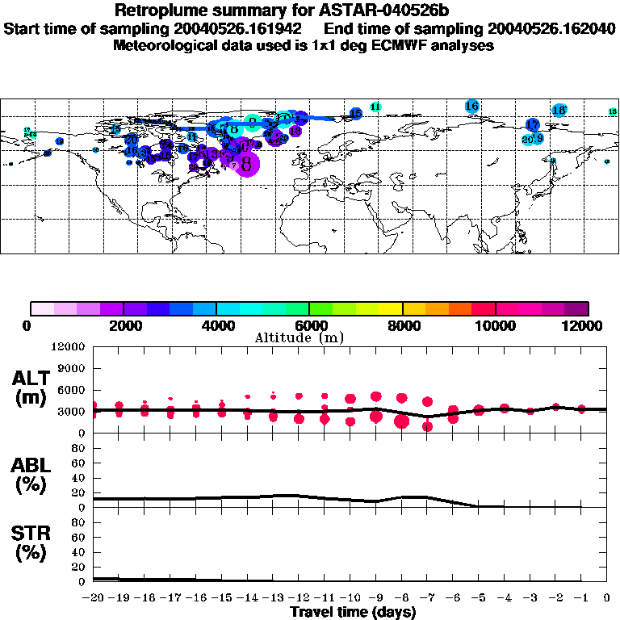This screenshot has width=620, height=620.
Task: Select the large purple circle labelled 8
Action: [x=247, y=164]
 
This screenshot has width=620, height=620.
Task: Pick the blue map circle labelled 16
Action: [x=472, y=106]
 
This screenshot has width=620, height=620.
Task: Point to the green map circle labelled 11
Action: [x=375, y=107]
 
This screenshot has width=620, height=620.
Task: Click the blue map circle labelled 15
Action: [x=356, y=114]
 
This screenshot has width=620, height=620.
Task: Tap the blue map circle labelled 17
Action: [x=533, y=125]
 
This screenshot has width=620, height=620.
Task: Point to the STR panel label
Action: [x=31, y=542]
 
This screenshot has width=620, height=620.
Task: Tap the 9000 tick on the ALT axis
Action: [x=71, y=368]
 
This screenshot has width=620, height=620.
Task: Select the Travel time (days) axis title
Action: [x=353, y=612]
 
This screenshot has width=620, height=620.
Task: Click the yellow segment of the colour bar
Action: [x=391, y=308]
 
